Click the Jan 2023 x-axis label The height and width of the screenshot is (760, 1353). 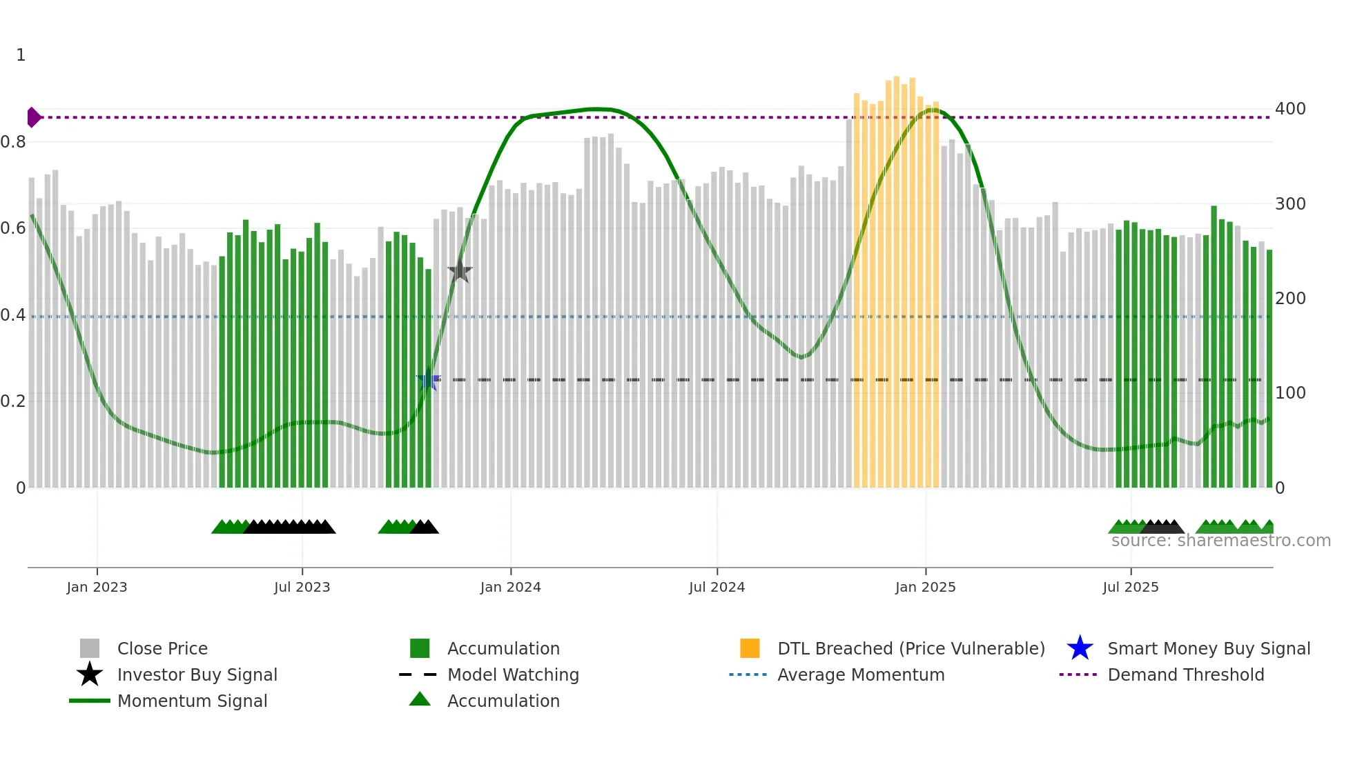97,587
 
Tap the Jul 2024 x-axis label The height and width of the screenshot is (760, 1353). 717,587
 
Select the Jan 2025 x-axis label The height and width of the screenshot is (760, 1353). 925,587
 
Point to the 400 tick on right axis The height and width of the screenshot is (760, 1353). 1290,109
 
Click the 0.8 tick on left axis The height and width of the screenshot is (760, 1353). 13,142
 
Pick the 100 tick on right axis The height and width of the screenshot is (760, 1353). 1290,393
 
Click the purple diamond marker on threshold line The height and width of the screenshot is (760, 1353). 33,117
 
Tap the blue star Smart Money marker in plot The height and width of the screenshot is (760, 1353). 428,379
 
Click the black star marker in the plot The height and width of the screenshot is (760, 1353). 460,272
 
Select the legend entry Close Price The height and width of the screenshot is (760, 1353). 162,648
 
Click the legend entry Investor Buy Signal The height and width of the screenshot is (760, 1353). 197,674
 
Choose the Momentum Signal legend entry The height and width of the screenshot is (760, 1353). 192,701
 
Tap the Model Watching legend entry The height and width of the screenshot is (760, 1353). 513,674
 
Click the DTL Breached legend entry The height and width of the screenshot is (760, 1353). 911,648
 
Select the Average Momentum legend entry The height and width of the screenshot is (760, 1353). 861,674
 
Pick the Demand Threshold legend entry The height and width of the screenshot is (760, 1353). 1185,674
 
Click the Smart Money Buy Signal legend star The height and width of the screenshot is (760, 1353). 1080,648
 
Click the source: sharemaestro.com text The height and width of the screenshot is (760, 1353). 1220,541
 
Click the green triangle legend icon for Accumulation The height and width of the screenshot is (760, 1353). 420,699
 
